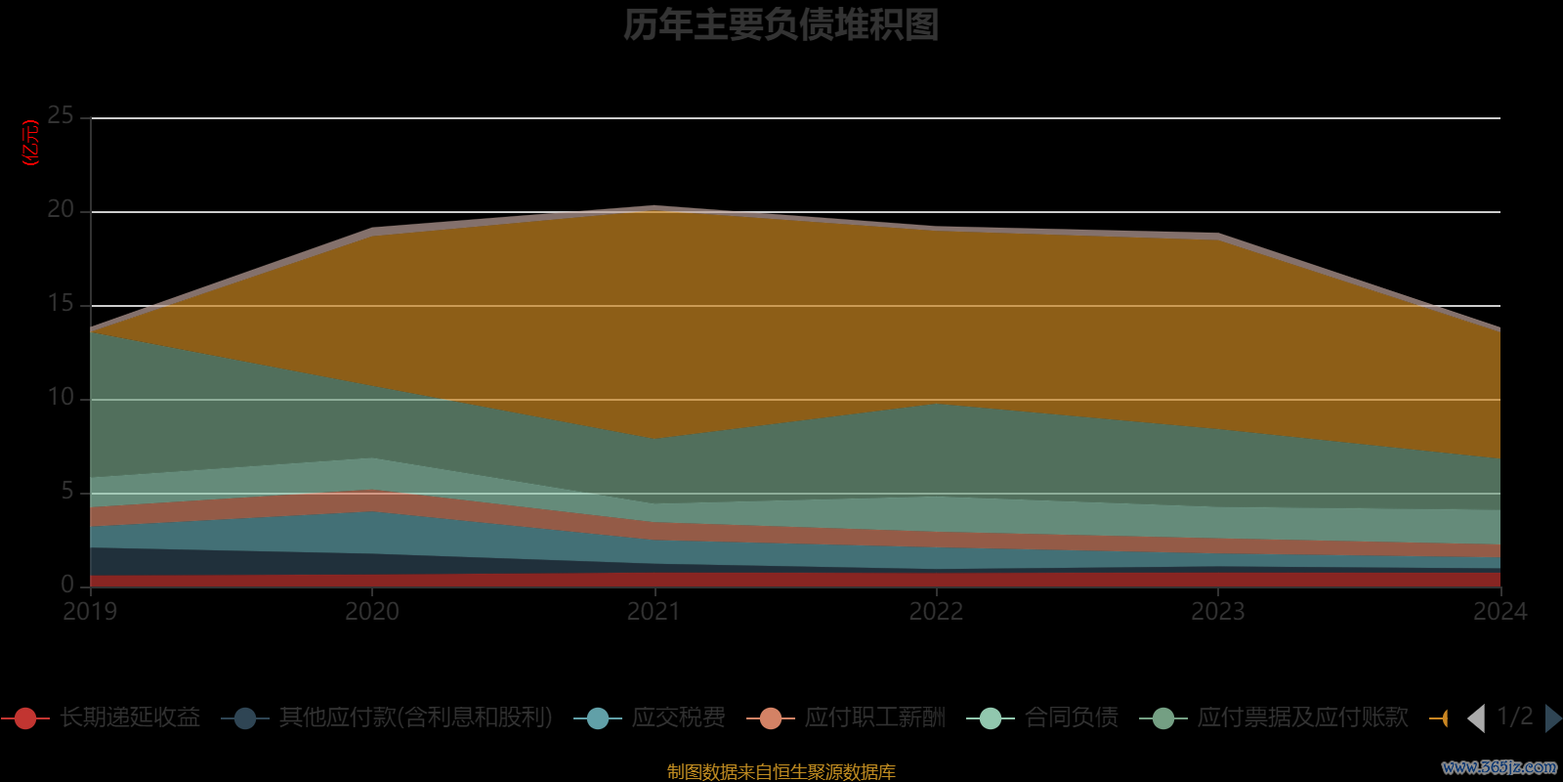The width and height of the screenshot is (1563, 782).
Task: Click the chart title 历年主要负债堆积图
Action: [781, 25]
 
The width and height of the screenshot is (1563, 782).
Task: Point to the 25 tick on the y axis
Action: [61, 116]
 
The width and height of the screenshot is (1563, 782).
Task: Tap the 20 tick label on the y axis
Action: [61, 210]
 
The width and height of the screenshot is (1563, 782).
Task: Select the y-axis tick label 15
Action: [61, 304]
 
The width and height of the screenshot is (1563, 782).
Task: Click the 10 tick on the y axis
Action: [61, 398]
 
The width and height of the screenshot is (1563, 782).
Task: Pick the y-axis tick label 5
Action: [66, 492]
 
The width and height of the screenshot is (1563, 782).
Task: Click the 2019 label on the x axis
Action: [90, 612]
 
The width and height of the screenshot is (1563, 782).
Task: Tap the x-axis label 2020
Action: [372, 612]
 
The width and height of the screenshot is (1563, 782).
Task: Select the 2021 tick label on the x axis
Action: [654, 612]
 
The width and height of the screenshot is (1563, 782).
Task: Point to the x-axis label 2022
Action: [936, 612]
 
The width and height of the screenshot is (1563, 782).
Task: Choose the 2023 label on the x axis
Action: [1217, 612]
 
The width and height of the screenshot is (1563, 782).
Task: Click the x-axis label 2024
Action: [1500, 612]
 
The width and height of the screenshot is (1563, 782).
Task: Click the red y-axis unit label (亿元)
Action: [31, 143]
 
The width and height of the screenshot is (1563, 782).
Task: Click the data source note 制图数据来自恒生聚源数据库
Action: [781, 772]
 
